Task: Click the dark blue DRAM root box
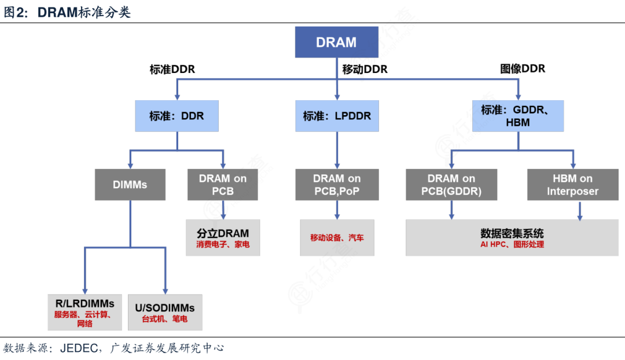click(x=336, y=42)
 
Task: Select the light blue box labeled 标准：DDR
click(x=177, y=116)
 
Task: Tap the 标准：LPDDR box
click(x=337, y=116)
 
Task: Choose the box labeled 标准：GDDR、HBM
click(x=517, y=116)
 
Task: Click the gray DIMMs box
click(x=130, y=185)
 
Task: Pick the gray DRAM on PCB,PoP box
click(x=337, y=185)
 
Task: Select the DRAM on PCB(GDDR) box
click(x=451, y=185)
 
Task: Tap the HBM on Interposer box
click(x=572, y=185)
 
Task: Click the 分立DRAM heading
click(x=223, y=233)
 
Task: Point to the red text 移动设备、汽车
click(x=337, y=237)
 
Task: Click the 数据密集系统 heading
click(x=512, y=233)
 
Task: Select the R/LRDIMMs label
click(x=85, y=303)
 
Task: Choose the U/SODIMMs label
click(x=165, y=307)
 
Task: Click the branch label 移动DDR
click(x=365, y=69)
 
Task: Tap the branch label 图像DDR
click(x=523, y=68)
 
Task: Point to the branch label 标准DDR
click(x=172, y=69)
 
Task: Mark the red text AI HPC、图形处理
click(x=512, y=245)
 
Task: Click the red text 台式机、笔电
click(x=165, y=319)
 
